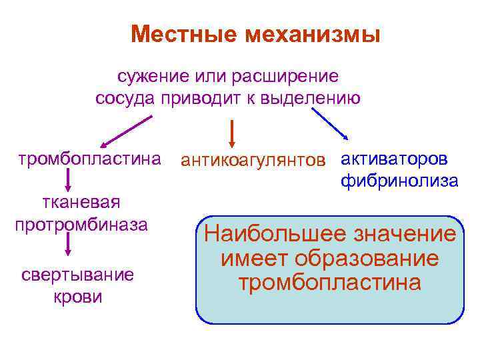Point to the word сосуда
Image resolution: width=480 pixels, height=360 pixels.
[125, 99]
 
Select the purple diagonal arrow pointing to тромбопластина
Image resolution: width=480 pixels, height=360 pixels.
[126, 132]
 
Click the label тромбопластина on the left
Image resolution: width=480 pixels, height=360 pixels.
[89, 159]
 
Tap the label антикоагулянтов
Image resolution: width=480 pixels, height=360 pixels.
[254, 161]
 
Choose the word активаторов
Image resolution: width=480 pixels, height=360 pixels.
[395, 159]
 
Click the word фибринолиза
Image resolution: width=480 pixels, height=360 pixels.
[399, 180]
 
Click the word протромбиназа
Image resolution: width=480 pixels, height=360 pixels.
[81, 224]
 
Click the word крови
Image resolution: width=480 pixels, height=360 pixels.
[78, 296]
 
